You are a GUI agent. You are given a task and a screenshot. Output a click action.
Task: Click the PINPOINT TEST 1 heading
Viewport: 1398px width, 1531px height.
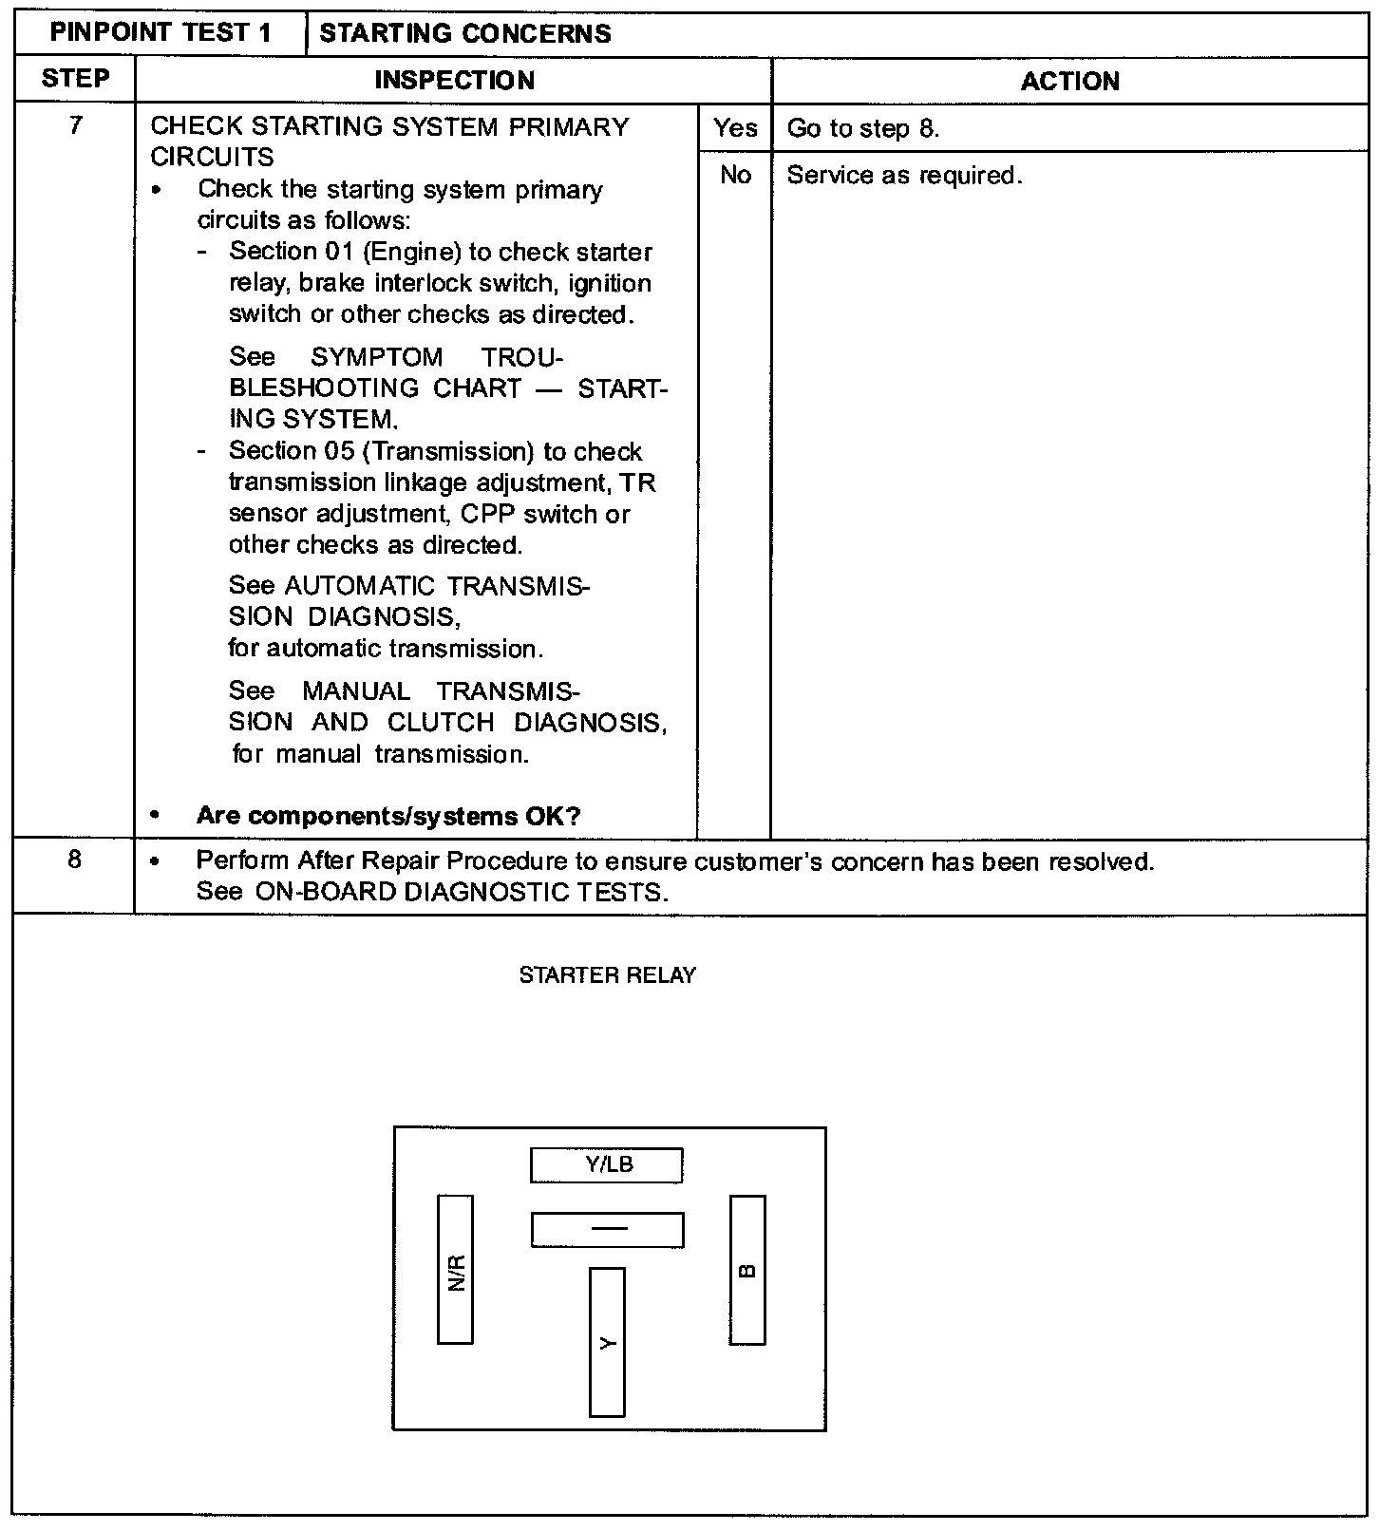click(x=161, y=33)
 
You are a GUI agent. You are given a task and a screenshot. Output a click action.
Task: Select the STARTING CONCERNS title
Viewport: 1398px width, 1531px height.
click(x=465, y=34)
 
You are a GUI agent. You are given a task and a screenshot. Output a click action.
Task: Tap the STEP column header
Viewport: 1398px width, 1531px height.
click(x=75, y=79)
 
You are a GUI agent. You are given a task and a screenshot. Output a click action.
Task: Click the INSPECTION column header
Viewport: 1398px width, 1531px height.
click(x=454, y=81)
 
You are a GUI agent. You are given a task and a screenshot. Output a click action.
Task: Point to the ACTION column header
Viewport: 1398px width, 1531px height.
click(x=1069, y=82)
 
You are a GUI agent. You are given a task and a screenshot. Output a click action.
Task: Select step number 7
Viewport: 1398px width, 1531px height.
click(x=75, y=125)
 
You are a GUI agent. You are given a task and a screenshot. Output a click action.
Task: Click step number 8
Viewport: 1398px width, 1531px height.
click(x=75, y=860)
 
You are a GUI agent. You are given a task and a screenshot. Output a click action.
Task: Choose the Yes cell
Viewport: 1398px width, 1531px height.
click(x=735, y=128)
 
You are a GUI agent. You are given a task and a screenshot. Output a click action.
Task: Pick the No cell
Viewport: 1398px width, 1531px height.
click(x=735, y=176)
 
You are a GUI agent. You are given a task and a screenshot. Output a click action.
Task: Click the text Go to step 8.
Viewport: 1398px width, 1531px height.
click(x=863, y=129)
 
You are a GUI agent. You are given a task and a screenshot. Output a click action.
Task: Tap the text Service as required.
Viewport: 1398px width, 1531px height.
click(x=904, y=176)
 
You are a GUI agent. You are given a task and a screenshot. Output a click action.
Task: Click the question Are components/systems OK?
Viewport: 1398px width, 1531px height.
click(x=387, y=816)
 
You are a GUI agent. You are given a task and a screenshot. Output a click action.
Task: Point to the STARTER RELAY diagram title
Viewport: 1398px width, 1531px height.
click(x=607, y=975)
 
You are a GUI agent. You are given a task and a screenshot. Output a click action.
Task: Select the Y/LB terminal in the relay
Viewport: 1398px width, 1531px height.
click(x=607, y=1165)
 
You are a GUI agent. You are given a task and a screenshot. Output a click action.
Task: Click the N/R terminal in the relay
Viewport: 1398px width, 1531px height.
click(x=455, y=1269)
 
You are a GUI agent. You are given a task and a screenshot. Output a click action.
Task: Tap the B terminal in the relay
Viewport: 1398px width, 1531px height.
click(x=747, y=1270)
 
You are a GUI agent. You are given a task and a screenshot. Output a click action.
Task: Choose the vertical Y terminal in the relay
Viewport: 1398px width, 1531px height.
click(x=607, y=1341)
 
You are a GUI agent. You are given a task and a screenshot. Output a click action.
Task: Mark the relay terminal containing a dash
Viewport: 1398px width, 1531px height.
click(x=607, y=1230)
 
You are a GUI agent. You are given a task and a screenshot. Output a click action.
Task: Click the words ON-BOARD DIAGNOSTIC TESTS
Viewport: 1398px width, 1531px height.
click(x=462, y=893)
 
